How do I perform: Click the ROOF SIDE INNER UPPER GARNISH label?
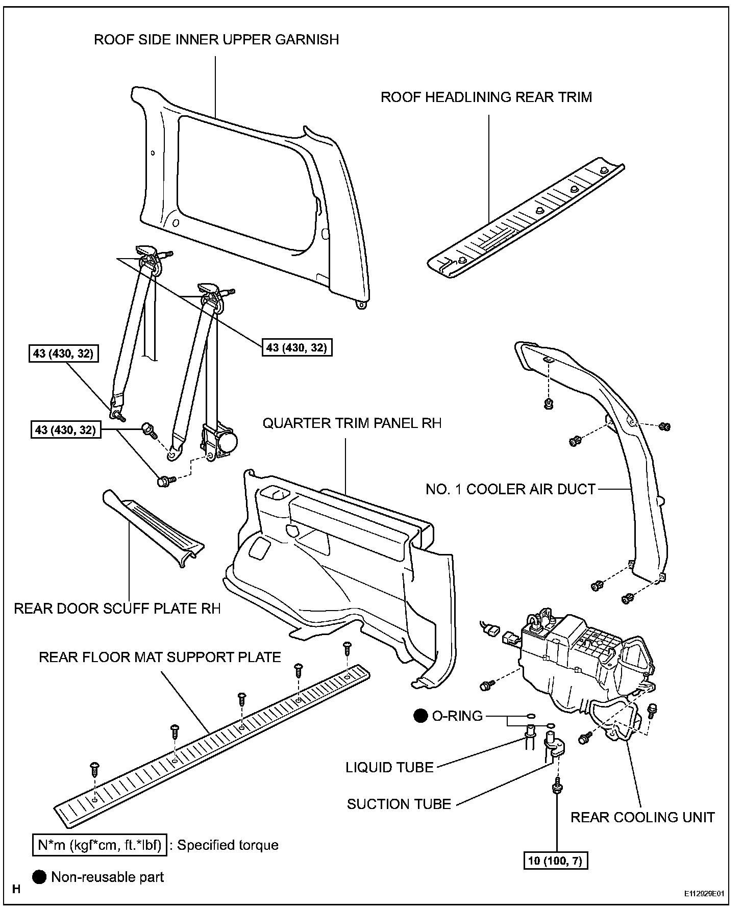click(x=216, y=40)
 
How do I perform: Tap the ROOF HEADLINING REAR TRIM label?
click(x=486, y=97)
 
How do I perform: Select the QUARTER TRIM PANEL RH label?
click(x=352, y=423)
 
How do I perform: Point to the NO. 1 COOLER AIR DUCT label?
click(x=511, y=490)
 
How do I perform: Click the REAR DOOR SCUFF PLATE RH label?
click(x=117, y=609)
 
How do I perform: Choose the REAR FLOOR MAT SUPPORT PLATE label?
click(x=160, y=657)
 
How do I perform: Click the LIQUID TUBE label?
click(x=389, y=767)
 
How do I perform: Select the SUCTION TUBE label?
click(x=399, y=804)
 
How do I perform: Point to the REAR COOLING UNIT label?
click(x=642, y=817)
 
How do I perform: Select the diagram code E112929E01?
click(x=705, y=894)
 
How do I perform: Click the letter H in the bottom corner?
click(x=16, y=890)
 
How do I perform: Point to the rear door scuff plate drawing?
click(x=153, y=526)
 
